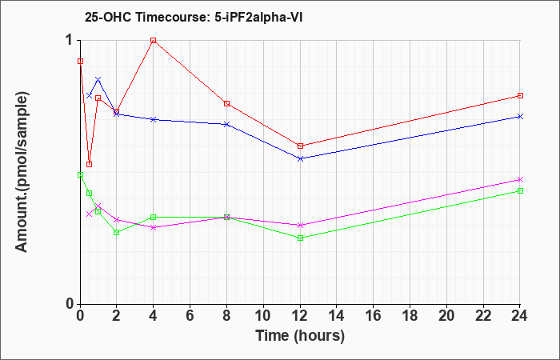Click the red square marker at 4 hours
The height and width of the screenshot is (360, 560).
pyautogui.click(x=154, y=40)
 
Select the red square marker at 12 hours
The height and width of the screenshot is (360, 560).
pyautogui.click(x=300, y=146)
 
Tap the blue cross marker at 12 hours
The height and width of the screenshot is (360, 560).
pyautogui.click(x=300, y=158)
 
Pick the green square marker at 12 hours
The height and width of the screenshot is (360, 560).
pyautogui.click(x=300, y=238)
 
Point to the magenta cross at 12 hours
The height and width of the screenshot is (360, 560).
pyautogui.click(x=300, y=225)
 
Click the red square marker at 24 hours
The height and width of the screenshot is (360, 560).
pyautogui.click(x=520, y=96)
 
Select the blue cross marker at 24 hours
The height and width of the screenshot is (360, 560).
pyautogui.click(x=520, y=117)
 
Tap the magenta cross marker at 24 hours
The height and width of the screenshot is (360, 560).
pyautogui.click(x=520, y=179)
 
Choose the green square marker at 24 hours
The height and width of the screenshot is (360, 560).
pyautogui.click(x=520, y=190)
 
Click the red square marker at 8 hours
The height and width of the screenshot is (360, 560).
pyautogui.click(x=226, y=103)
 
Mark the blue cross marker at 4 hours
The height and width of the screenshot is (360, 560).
pyautogui.click(x=154, y=119)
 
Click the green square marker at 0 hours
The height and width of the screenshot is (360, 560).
pyautogui.click(x=80, y=174)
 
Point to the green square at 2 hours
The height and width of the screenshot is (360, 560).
pyautogui.click(x=117, y=233)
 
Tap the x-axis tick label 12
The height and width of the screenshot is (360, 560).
pyautogui.click(x=300, y=316)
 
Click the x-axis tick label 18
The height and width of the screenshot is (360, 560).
pyautogui.click(x=410, y=316)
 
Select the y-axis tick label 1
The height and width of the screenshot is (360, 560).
pyautogui.click(x=69, y=41)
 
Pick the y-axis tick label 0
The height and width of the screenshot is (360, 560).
pyautogui.click(x=70, y=304)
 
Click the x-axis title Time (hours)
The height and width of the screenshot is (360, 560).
pyautogui.click(x=300, y=336)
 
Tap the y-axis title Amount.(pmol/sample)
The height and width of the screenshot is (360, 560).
pyautogui.click(x=22, y=172)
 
